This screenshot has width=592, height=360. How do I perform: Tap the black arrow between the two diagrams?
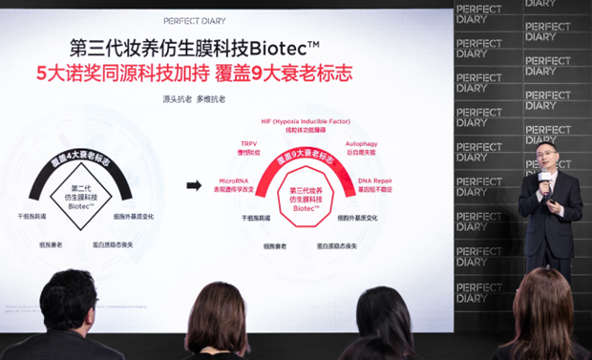(x=194, y=185)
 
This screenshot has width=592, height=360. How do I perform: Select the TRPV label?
(x=249, y=144)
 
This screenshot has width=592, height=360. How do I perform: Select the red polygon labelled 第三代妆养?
(x=304, y=199)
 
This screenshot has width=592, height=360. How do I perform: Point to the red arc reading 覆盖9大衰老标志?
(x=303, y=155)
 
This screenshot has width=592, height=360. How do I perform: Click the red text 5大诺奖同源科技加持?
(x=136, y=73)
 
